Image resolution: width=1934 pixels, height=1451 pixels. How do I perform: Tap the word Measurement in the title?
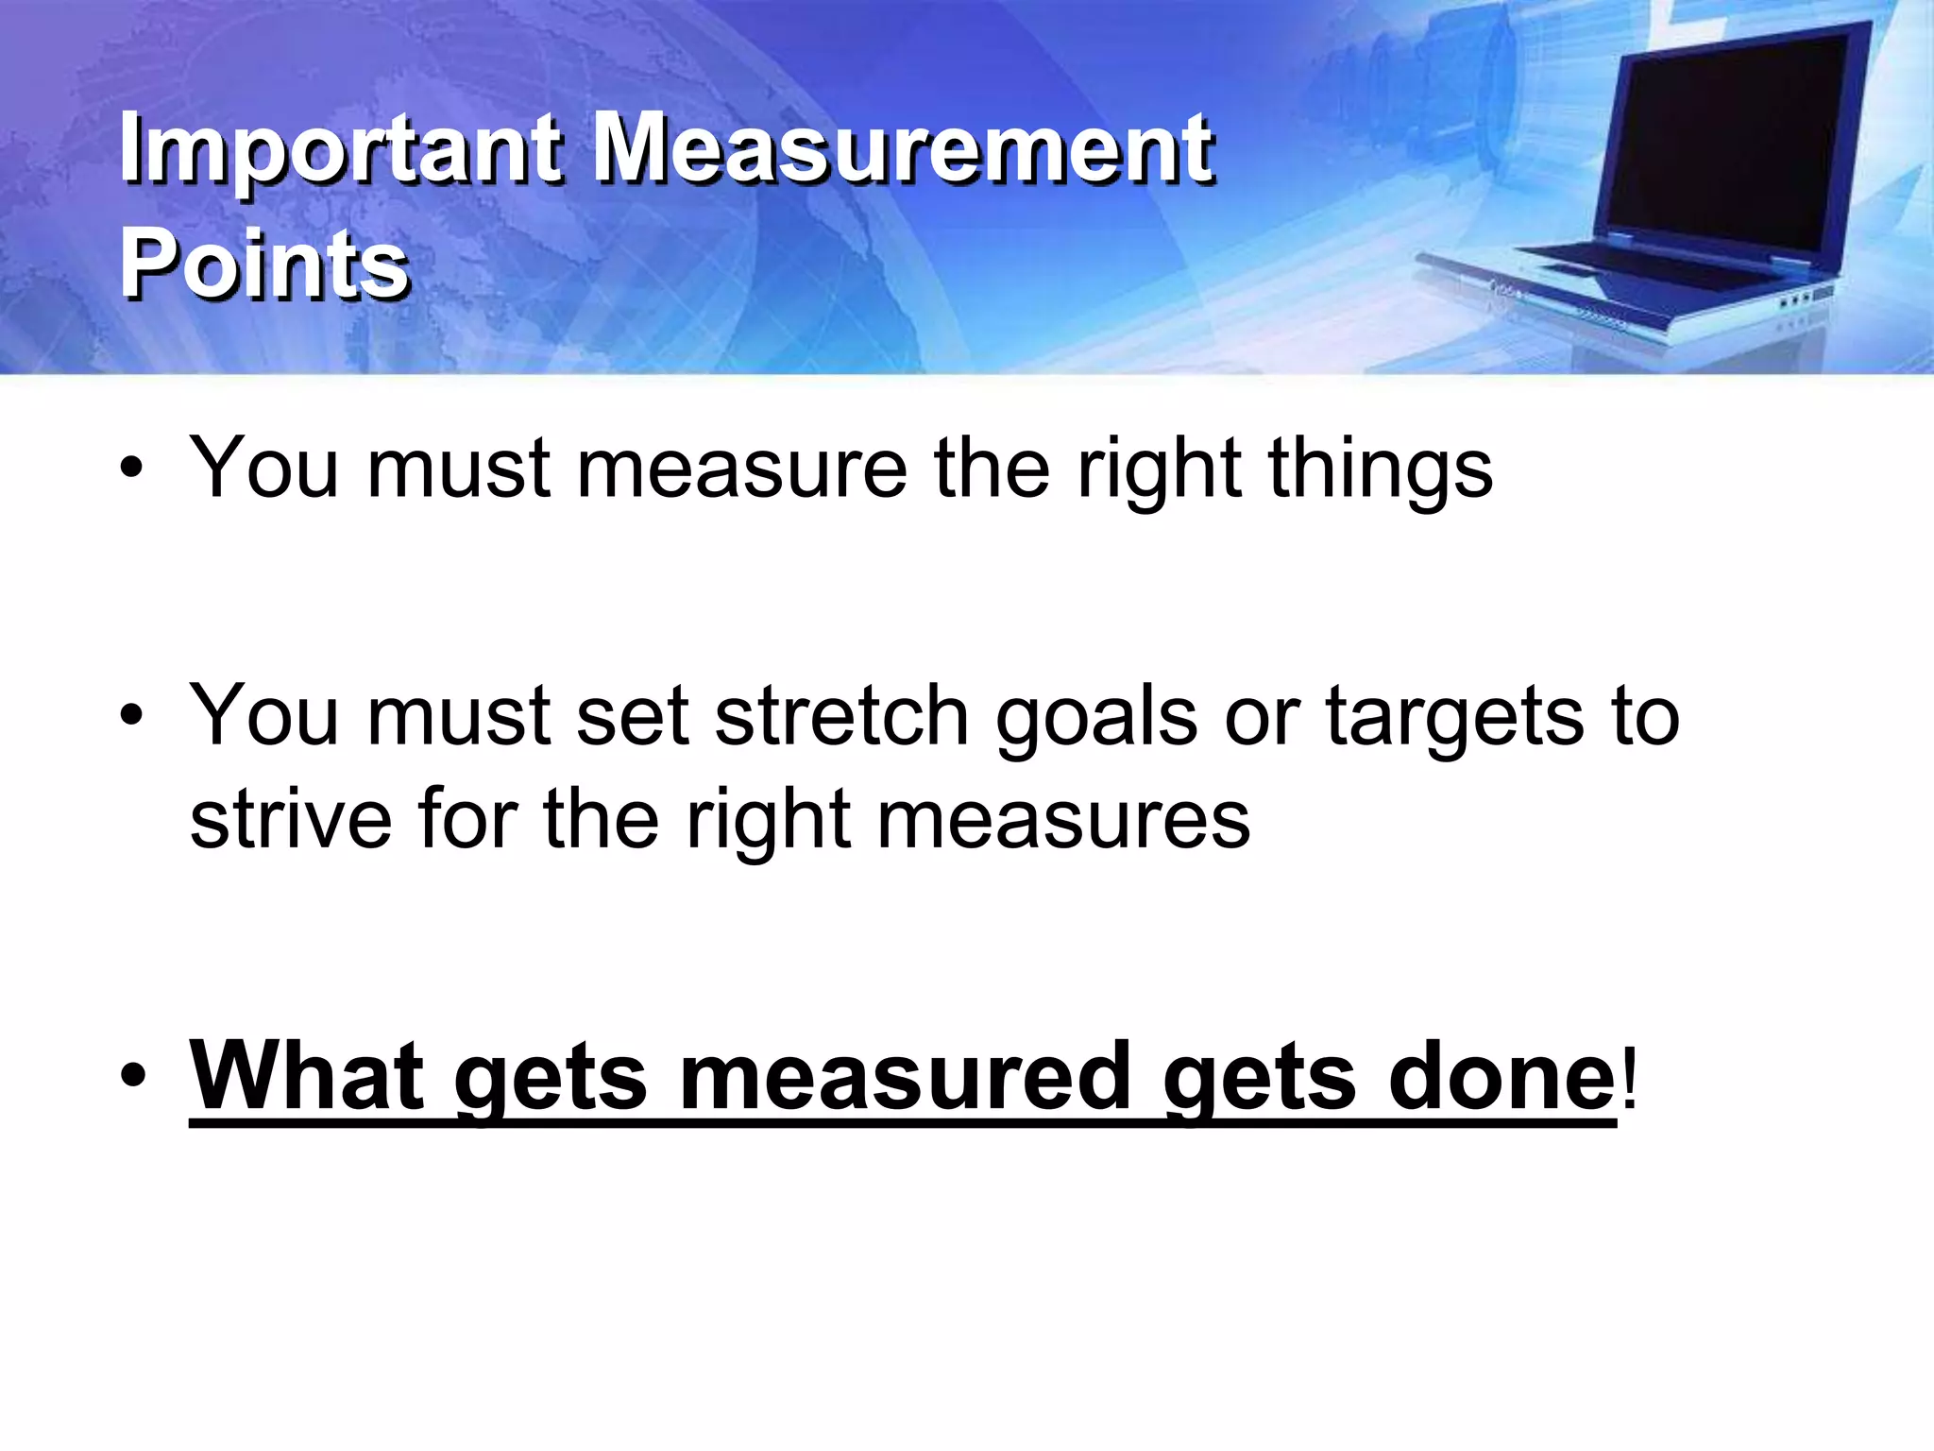902,150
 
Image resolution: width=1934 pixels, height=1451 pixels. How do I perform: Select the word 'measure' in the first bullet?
740,469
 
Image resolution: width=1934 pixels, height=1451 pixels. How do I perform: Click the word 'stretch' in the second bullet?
841,716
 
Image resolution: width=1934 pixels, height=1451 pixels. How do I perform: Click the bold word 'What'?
307,1076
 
